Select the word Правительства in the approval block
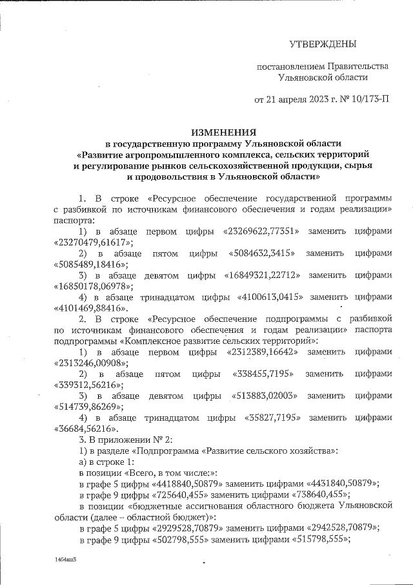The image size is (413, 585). pyautogui.click(x=358, y=66)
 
